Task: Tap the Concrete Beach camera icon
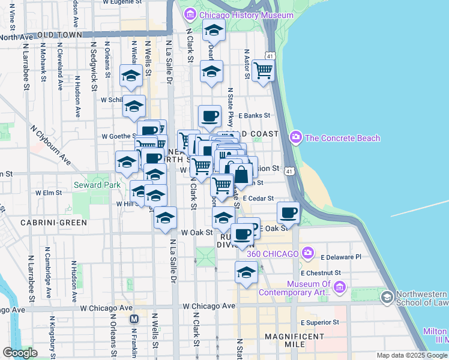(x=295, y=138)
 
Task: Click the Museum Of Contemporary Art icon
(x=340, y=289)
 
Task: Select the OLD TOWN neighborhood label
(x=59, y=36)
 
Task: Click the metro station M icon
(x=134, y=319)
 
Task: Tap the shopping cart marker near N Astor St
(x=263, y=70)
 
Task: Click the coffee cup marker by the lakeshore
(x=288, y=212)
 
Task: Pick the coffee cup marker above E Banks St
(x=209, y=116)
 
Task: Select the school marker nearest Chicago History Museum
(x=213, y=30)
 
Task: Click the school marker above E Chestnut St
(x=246, y=272)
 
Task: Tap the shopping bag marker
(x=241, y=175)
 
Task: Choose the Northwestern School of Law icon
(x=387, y=297)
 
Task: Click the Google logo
(x=20, y=353)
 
